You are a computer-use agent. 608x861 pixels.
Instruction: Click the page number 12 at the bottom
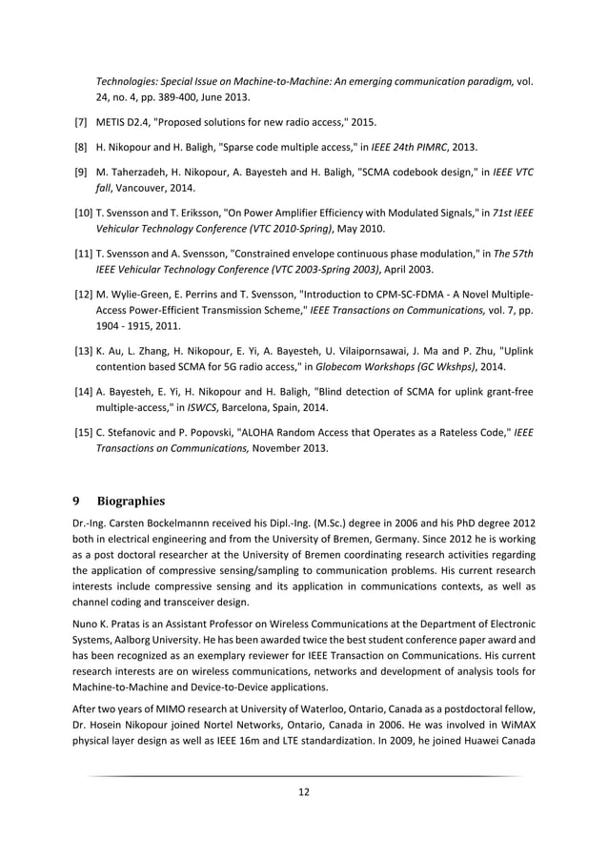[303, 790]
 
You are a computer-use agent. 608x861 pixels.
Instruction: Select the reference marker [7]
[81, 123]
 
